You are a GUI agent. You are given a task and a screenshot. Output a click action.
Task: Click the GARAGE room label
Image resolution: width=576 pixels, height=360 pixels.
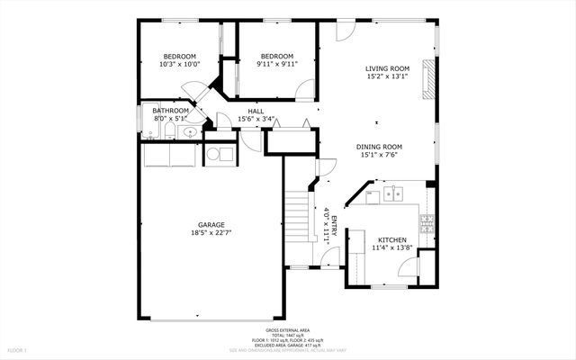point(211,225)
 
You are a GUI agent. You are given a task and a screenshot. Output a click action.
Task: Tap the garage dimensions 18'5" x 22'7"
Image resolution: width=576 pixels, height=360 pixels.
point(211,233)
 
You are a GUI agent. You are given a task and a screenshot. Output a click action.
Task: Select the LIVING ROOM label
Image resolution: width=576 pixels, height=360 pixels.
point(387,68)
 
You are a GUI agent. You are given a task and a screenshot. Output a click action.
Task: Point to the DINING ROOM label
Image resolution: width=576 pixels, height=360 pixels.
point(379,147)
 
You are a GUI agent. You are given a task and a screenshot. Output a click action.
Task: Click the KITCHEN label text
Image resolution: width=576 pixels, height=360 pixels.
point(391,239)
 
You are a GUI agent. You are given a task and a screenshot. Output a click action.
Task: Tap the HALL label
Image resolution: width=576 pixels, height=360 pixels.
point(256,112)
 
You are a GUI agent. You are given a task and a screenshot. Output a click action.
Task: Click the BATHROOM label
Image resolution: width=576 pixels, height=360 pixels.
point(171,111)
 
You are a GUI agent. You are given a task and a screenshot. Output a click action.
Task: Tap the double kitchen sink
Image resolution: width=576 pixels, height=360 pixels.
point(392,193)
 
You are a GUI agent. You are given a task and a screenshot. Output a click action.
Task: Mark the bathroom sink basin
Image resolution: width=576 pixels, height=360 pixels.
point(188,133)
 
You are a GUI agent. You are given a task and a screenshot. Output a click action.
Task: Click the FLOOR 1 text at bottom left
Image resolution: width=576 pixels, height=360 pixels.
point(18,349)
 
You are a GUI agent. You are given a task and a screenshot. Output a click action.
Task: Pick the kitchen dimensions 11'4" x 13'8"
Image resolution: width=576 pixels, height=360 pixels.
point(391,247)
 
